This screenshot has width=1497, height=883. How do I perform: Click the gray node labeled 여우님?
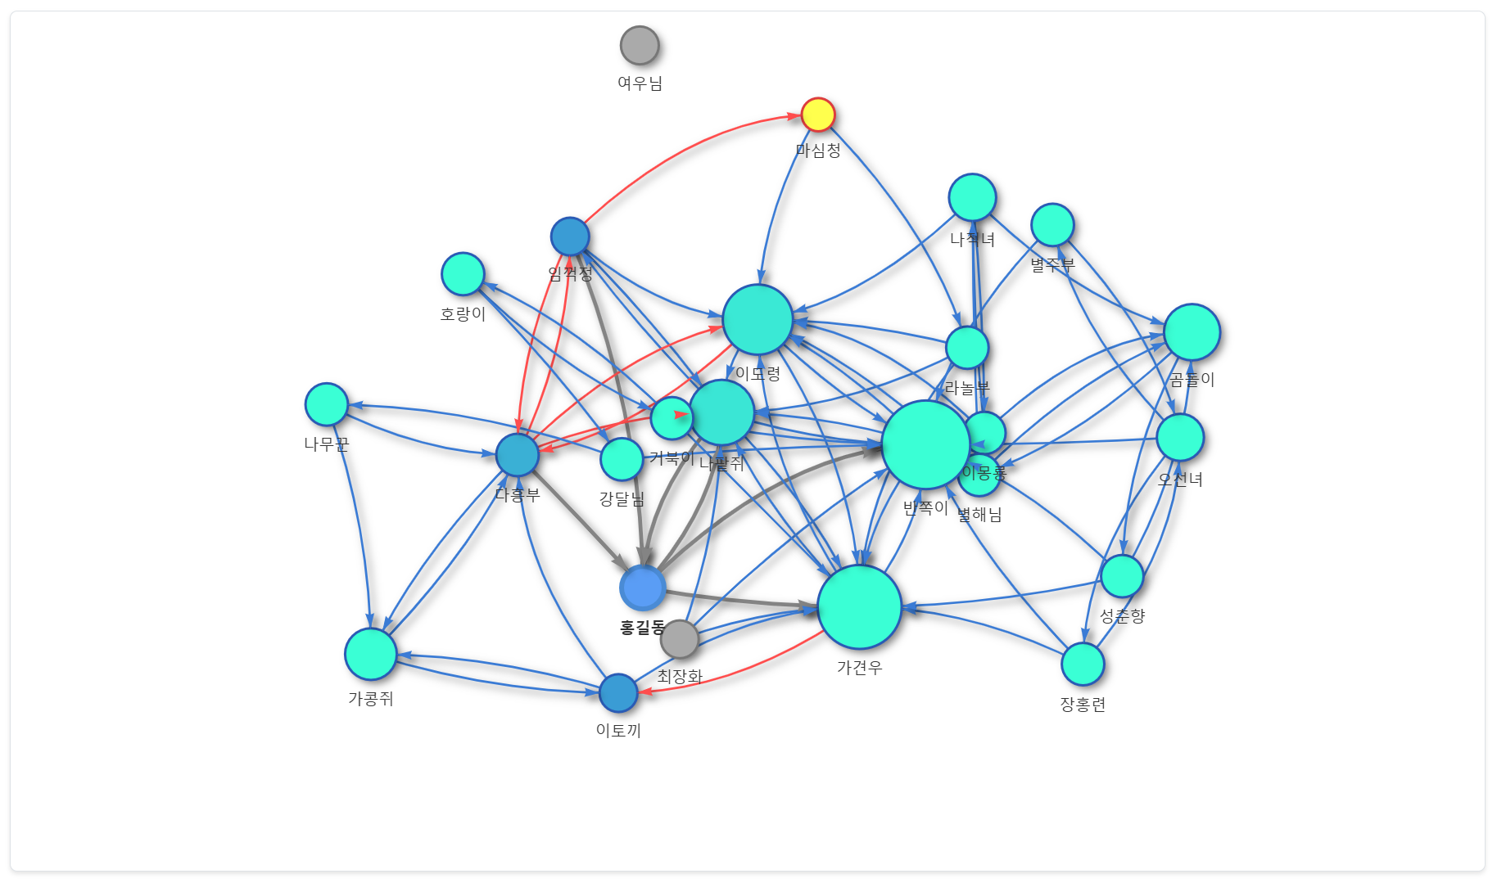click(x=640, y=45)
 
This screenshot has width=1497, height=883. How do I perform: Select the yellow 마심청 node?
click(x=817, y=115)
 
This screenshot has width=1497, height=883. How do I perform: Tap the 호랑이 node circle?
click(x=463, y=274)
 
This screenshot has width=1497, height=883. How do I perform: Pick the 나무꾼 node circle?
click(x=326, y=404)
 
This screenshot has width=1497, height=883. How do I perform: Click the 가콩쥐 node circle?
click(x=371, y=654)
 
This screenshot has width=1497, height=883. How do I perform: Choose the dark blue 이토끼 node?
click(x=618, y=693)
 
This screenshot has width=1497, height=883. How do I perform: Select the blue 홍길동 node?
click(x=642, y=588)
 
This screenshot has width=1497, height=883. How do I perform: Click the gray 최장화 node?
click(x=680, y=639)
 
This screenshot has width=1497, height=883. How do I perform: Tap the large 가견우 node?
click(x=859, y=606)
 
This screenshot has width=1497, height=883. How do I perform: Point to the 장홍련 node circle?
click(x=1083, y=664)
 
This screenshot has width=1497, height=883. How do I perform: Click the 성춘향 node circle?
click(x=1122, y=576)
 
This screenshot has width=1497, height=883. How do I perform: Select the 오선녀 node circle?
click(x=1180, y=437)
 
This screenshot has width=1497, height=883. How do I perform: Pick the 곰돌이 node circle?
click(x=1192, y=332)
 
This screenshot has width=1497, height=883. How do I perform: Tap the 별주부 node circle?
click(x=1052, y=225)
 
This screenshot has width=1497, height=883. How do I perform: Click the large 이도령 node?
click(x=758, y=319)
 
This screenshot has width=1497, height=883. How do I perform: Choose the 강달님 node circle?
click(x=622, y=459)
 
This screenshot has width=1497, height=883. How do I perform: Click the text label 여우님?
click(x=640, y=83)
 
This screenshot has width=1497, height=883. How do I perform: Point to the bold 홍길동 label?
click(x=642, y=628)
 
